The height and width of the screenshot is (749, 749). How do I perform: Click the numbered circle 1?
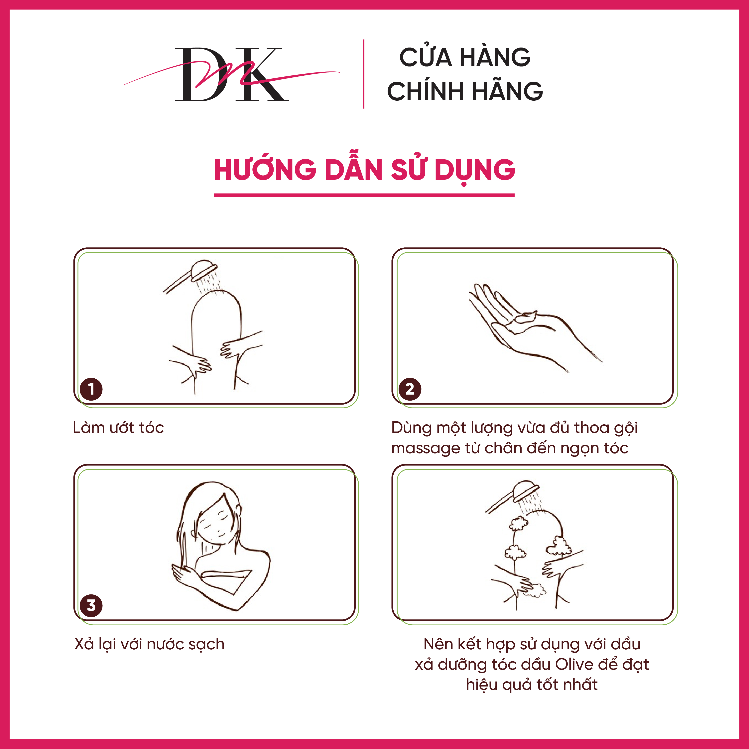pyautogui.click(x=91, y=389)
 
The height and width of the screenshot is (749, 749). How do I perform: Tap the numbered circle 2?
pyautogui.click(x=410, y=389)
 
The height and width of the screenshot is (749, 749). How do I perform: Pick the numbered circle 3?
pyautogui.click(x=91, y=606)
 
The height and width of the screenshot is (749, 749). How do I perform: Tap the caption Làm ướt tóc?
pyautogui.click(x=118, y=428)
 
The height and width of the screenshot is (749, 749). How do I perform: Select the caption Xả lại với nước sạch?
pyautogui.click(x=149, y=644)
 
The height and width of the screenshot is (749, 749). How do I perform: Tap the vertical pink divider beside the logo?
pyautogui.click(x=363, y=74)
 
